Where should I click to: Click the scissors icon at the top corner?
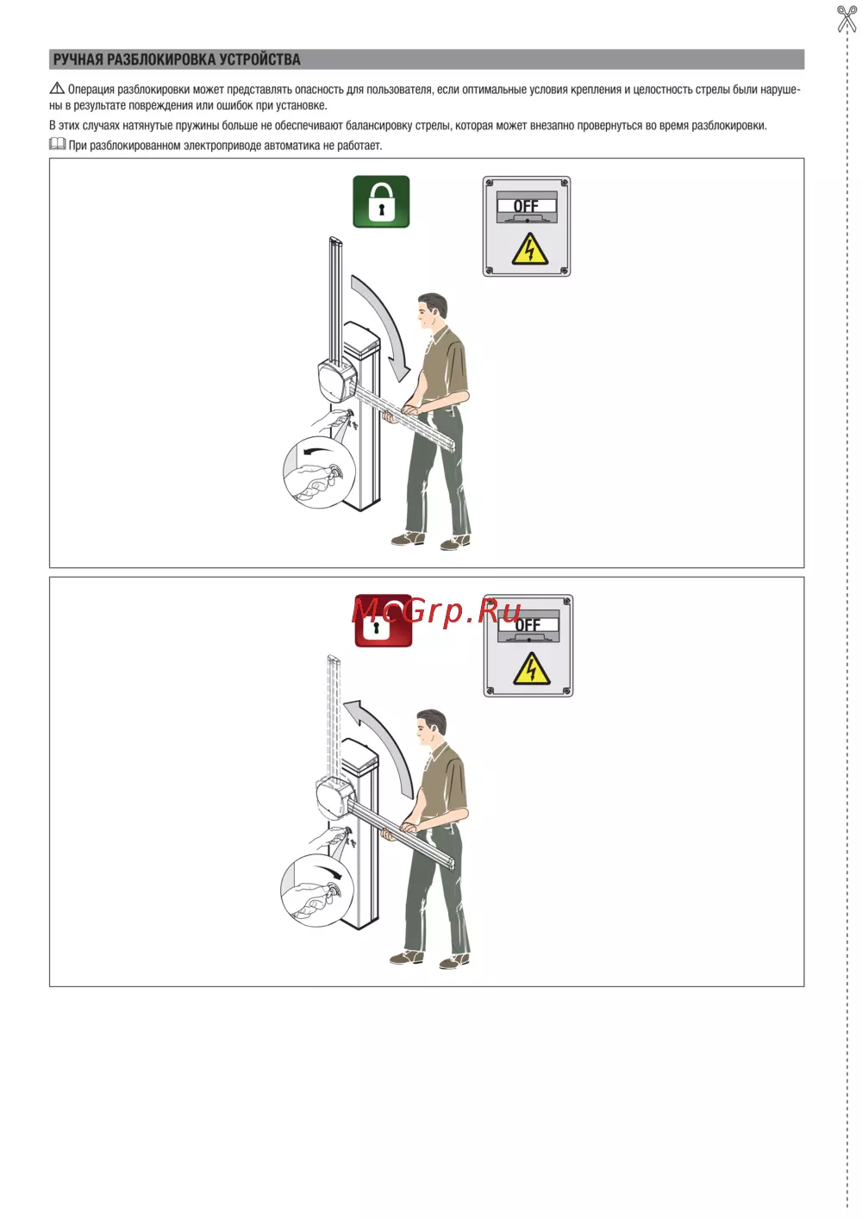(x=846, y=18)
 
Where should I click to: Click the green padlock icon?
(x=381, y=202)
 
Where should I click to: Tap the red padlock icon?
(x=383, y=621)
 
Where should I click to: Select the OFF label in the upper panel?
(x=526, y=206)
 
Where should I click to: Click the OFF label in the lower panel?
(x=528, y=625)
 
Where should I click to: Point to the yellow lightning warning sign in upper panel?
(x=529, y=250)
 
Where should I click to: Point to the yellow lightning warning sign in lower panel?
(x=531, y=668)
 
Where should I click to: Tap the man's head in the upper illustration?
(x=433, y=310)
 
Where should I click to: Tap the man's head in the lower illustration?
(x=432, y=727)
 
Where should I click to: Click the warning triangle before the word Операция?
(x=57, y=88)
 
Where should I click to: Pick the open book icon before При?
(x=57, y=144)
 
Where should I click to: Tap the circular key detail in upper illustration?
(x=319, y=472)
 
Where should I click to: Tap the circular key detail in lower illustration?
(x=316, y=891)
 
